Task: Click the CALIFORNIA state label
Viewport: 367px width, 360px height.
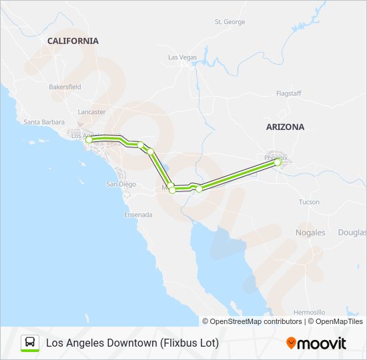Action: [x=73, y=41]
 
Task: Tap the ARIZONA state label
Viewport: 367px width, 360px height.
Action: [x=284, y=127]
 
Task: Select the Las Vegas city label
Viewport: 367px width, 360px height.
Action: [x=182, y=57]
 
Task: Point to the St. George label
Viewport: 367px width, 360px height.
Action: [x=230, y=22]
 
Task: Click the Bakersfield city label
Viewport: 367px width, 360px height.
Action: [x=65, y=87]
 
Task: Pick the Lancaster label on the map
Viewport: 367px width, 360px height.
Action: [x=91, y=112]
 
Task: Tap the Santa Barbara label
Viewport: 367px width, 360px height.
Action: [x=44, y=122]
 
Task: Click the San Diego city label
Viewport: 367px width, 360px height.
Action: [x=121, y=184]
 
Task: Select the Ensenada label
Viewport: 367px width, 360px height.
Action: [x=138, y=215]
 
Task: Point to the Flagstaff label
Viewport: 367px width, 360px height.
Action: [x=289, y=94]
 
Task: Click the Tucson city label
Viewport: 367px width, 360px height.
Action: [x=309, y=201]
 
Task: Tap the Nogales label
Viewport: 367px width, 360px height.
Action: [x=310, y=233]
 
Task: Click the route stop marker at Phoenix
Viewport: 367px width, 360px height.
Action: [x=278, y=162]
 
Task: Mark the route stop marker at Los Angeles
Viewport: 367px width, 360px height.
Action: [x=89, y=139]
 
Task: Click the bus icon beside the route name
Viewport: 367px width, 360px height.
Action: [x=29, y=343]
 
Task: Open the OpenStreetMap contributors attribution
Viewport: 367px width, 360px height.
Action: [x=252, y=321]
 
